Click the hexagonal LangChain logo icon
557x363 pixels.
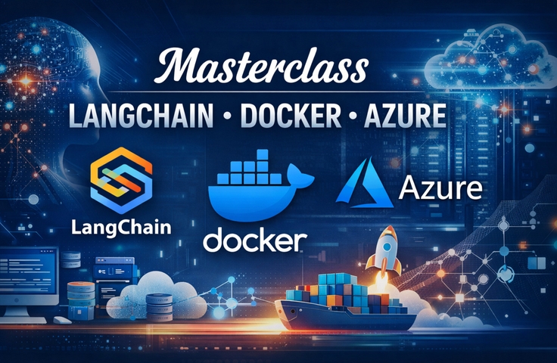pos(121,181)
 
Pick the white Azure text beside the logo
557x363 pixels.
pos(442,187)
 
